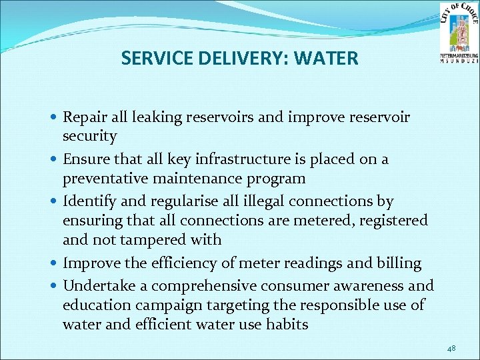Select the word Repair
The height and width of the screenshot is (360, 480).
tap(83, 118)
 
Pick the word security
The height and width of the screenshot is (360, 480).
tap(89, 137)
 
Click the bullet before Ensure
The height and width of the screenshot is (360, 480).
tap(53, 160)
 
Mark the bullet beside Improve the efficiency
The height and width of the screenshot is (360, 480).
tap(53, 264)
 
